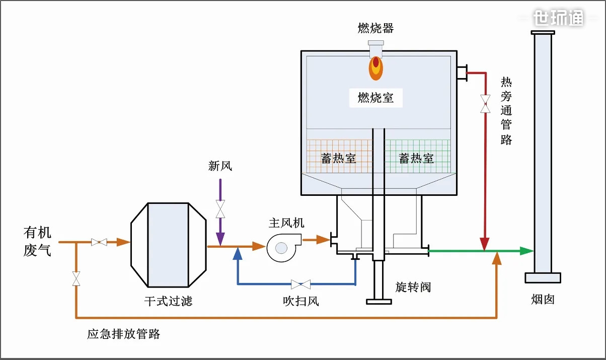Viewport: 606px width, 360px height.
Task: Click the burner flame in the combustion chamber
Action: coord(375,67)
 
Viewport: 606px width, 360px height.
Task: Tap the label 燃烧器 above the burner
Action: coord(375,28)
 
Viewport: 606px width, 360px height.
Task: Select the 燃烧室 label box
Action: coord(375,98)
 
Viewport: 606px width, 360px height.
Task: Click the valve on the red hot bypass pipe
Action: coord(485,104)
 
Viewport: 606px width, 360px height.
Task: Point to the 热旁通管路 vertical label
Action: coord(506,111)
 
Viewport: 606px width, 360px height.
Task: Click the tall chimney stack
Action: coord(543,151)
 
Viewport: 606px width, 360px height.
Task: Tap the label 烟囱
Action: coord(543,300)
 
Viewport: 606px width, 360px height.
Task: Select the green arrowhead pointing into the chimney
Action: coord(526,251)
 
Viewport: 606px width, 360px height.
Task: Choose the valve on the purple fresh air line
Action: coord(220,208)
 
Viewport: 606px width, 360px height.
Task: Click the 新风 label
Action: coord(220,166)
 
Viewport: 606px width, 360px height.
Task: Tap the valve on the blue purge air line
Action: coord(300,284)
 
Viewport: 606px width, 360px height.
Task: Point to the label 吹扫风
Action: coord(300,302)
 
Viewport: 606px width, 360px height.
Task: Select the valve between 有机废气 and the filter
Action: coord(99,242)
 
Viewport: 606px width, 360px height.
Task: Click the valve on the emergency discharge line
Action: coord(76,278)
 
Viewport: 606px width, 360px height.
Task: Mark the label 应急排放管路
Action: coord(123,334)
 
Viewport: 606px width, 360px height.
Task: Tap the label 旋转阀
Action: coord(413,287)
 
